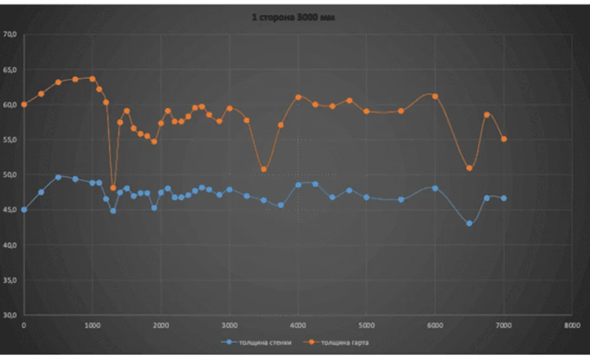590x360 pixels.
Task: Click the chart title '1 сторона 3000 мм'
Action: click(x=294, y=18)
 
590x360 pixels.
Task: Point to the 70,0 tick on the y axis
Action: click(x=11, y=34)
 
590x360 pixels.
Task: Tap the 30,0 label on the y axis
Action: click(x=11, y=315)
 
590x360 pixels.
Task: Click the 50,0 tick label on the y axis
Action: click(x=11, y=175)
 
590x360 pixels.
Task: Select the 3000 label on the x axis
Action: click(x=230, y=325)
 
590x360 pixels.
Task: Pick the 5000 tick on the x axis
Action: click(x=366, y=325)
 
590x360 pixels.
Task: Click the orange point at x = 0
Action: click(x=24, y=104)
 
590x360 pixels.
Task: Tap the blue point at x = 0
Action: click(x=24, y=210)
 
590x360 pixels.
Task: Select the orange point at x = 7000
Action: click(x=504, y=139)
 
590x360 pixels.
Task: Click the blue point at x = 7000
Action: click(x=504, y=198)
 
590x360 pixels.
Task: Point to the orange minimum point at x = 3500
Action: click(x=264, y=169)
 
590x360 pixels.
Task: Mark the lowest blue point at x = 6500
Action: click(x=469, y=224)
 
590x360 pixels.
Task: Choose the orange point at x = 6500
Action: click(x=469, y=168)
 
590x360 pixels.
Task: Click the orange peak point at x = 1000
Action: click(x=93, y=78)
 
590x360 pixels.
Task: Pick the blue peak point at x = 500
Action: click(x=58, y=177)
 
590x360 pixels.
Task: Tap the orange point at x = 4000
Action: click(x=298, y=97)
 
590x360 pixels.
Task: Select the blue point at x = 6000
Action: click(x=435, y=188)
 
